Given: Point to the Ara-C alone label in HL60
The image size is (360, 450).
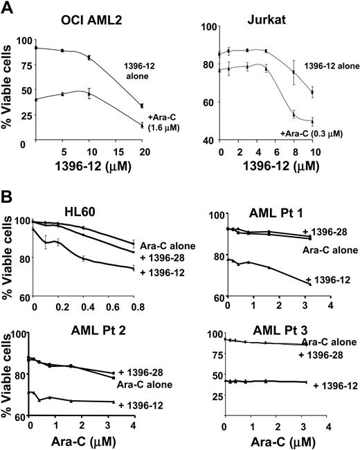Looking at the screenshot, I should click(x=164, y=244).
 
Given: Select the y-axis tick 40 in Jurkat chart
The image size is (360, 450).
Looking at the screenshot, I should click(x=204, y=141).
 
